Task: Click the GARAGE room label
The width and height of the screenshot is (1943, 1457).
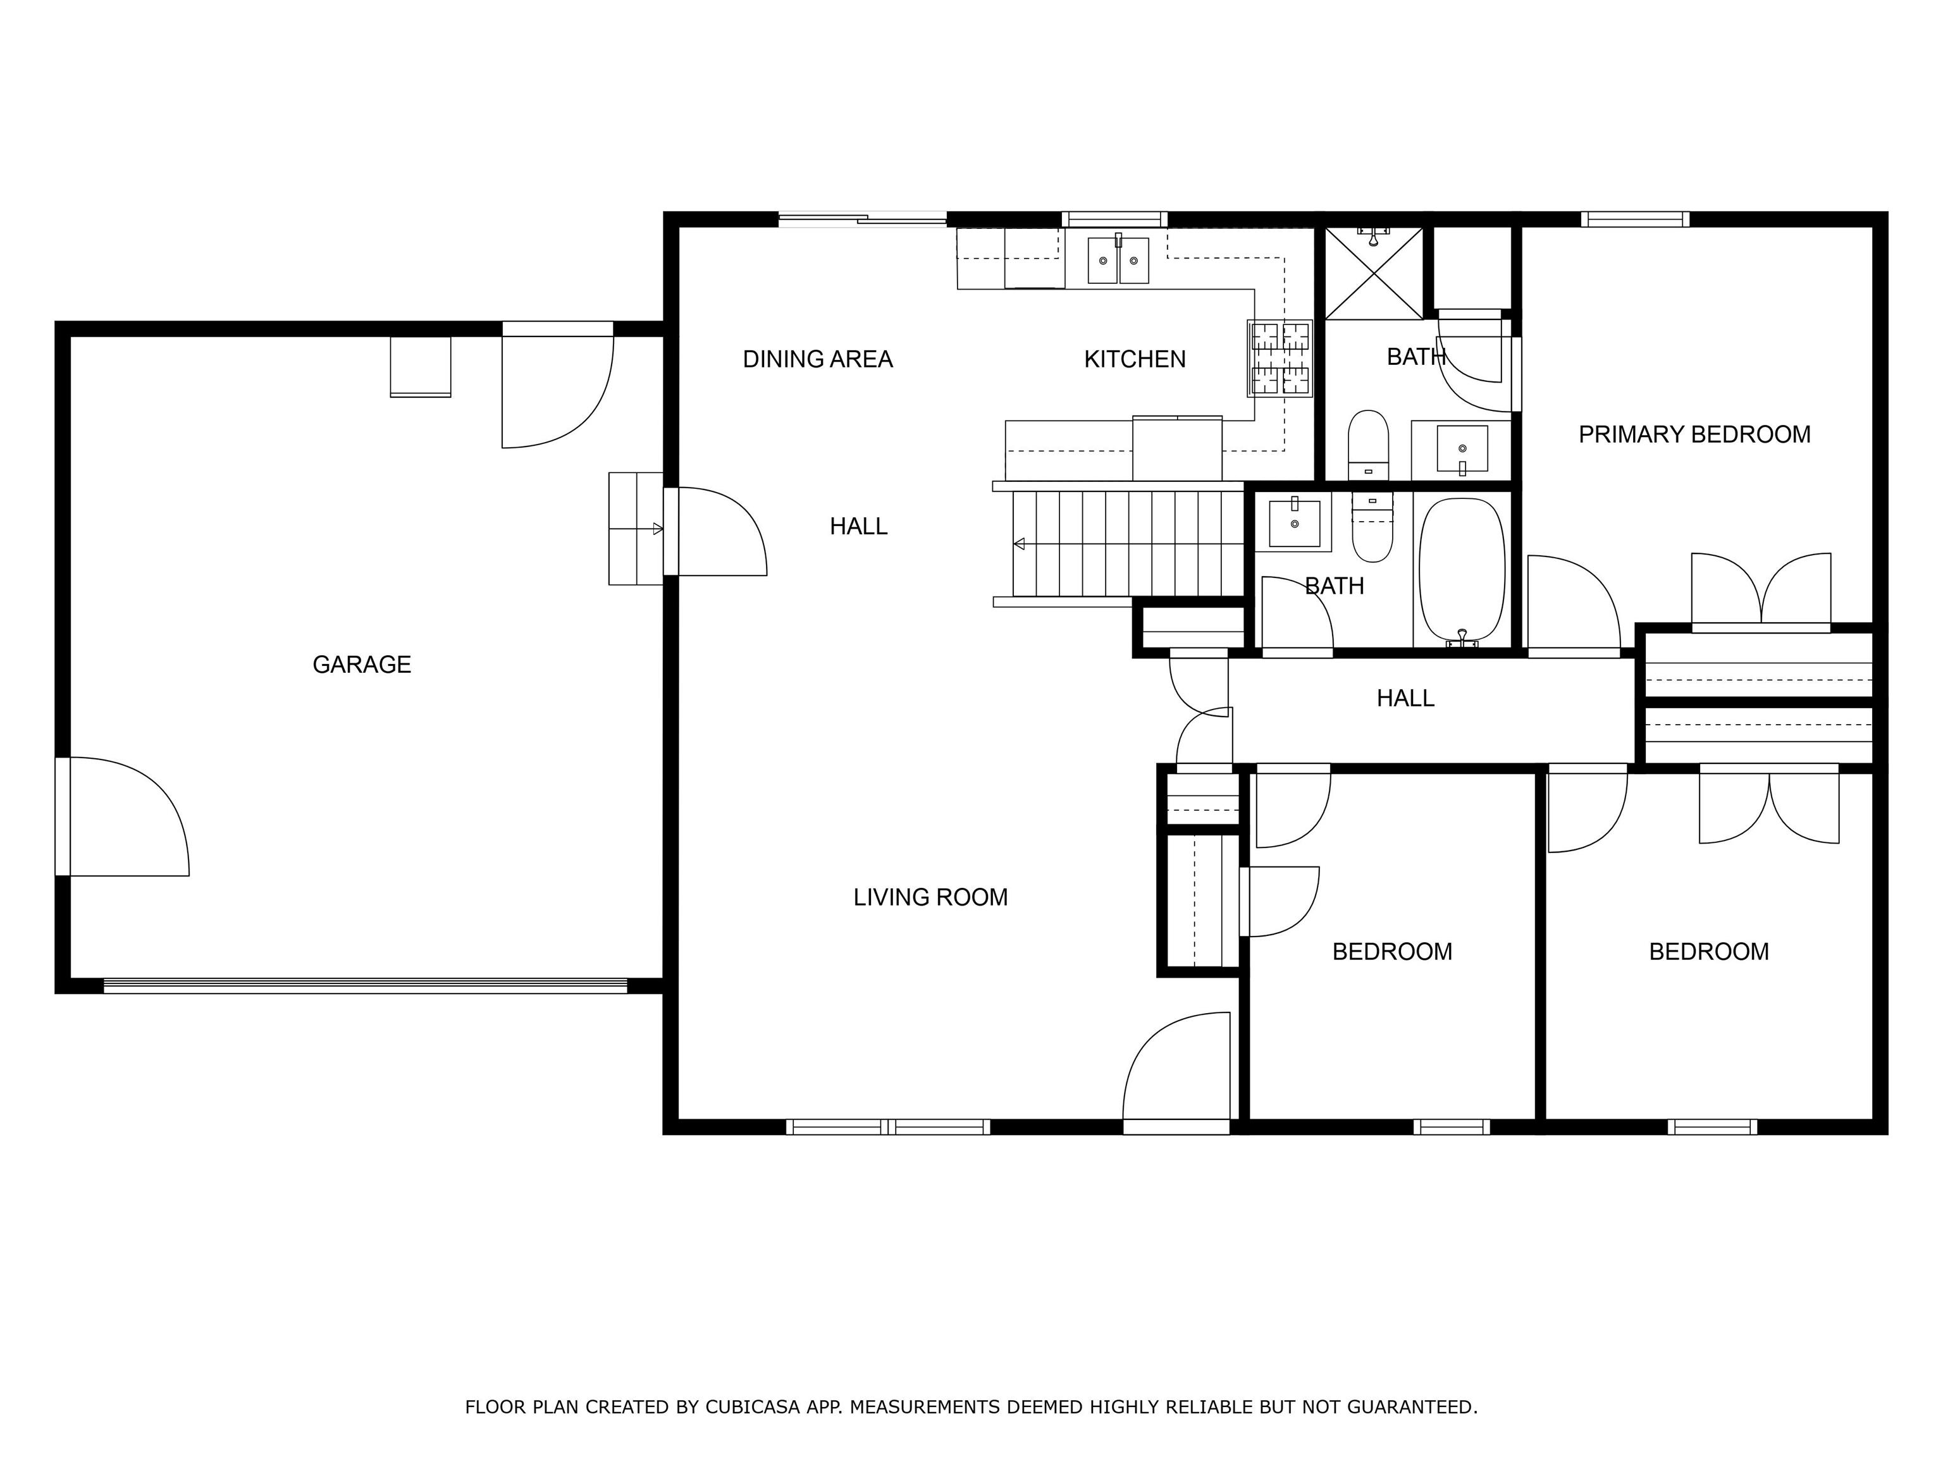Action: coord(361,665)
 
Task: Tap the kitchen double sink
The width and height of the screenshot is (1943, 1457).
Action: coord(1118,261)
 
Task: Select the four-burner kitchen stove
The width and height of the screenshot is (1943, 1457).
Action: coord(1280,359)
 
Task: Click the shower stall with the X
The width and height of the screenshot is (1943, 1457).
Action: coord(1373,274)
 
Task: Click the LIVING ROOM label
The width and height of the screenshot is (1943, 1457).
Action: coord(930,897)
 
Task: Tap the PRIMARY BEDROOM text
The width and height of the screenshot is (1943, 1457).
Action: coord(1694,434)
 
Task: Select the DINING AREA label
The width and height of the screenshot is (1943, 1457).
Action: coord(817,359)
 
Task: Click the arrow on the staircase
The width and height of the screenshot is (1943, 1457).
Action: coord(1019,544)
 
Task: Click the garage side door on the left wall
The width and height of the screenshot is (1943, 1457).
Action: coord(123,817)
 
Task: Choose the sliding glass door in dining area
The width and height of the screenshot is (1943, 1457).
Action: coord(863,219)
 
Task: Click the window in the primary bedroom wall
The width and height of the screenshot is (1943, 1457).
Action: coord(1635,219)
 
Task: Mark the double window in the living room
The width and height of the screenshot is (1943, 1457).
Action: coord(888,1127)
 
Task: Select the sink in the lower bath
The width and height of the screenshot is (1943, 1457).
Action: coord(1294,524)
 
